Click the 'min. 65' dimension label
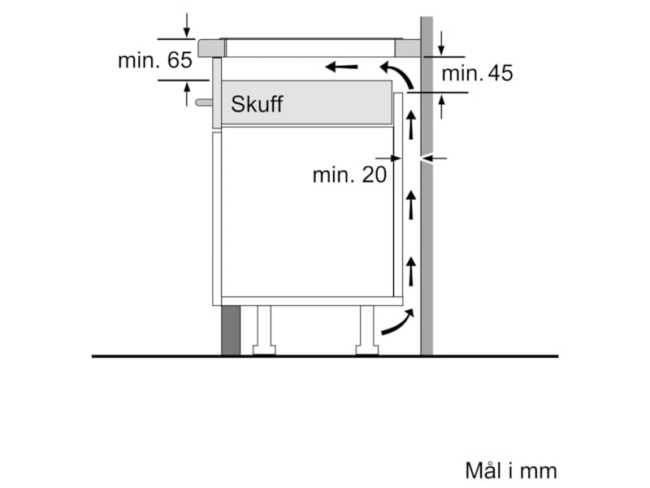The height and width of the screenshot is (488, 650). [x=154, y=60]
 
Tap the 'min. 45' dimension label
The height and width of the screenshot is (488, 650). [x=477, y=74]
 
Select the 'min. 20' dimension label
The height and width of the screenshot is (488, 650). [x=349, y=174]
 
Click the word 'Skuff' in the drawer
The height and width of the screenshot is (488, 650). [x=257, y=104]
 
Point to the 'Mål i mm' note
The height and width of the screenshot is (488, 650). [x=511, y=470]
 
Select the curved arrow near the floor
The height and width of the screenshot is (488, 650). [x=396, y=324]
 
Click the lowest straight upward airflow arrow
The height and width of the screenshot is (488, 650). [x=411, y=270]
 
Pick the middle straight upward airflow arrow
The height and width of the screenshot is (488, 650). [x=411, y=204]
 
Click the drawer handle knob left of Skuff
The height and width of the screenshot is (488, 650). [x=203, y=103]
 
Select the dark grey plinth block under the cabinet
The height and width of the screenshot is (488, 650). [x=231, y=330]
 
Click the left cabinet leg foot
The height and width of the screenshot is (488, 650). [x=264, y=351]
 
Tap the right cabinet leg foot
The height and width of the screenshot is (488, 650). [x=366, y=351]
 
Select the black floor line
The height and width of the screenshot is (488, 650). [x=325, y=356]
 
